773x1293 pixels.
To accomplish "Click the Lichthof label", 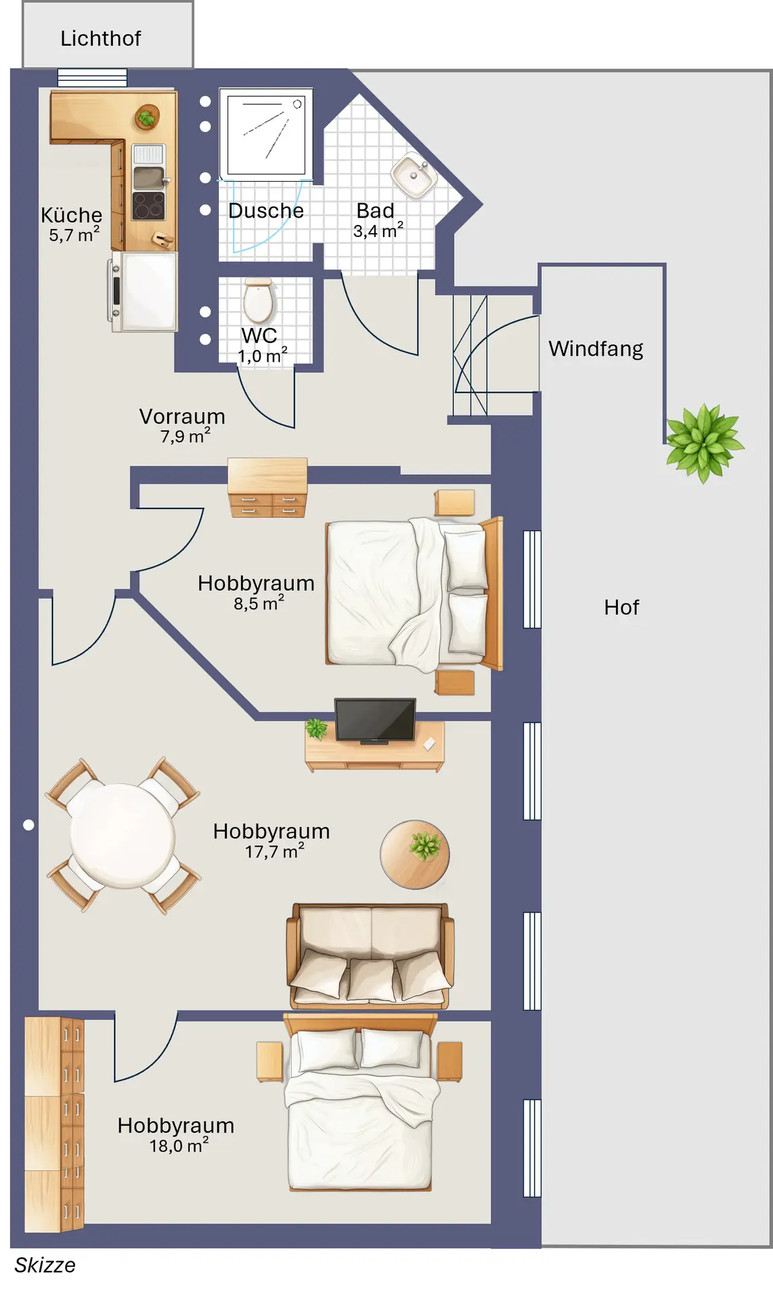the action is [x=100, y=38].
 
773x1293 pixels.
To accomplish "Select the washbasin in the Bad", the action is [x=414, y=176].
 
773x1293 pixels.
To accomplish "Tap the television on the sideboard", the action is [x=375, y=721].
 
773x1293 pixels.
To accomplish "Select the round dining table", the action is [x=123, y=835].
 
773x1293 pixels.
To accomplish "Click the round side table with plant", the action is [x=414, y=854].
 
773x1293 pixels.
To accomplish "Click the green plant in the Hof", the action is [x=704, y=443].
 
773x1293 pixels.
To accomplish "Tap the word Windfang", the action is [x=596, y=349].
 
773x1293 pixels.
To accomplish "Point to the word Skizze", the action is [x=45, y=1265].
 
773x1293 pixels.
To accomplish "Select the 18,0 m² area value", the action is [x=179, y=1146].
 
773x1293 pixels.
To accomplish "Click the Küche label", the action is [x=71, y=215].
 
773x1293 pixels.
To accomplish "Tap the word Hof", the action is [x=621, y=607].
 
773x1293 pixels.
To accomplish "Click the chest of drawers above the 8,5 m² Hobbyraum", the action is [x=267, y=488].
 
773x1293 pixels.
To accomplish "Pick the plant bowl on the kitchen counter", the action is [x=147, y=117].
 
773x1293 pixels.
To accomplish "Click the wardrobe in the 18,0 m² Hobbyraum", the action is [x=54, y=1125].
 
